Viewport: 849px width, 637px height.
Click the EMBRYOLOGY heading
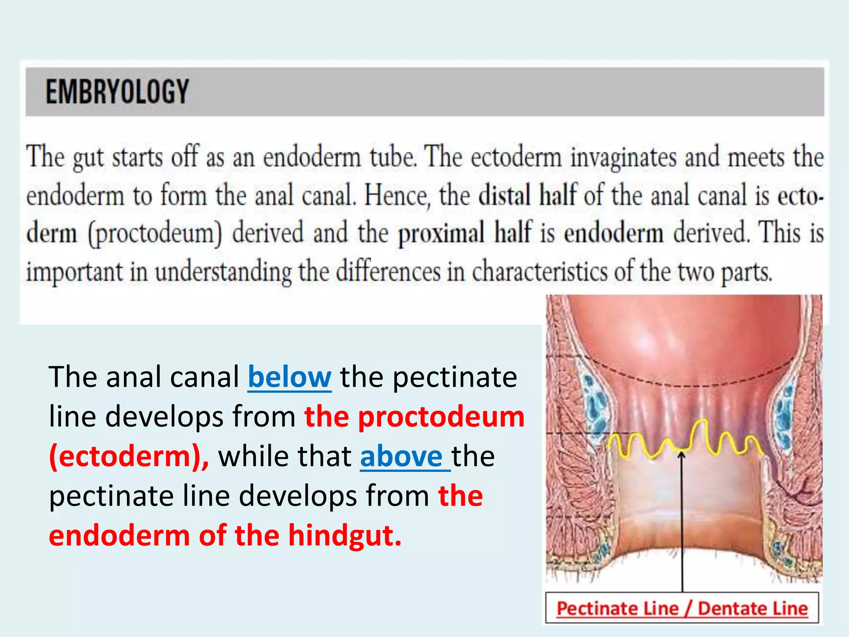tap(117, 92)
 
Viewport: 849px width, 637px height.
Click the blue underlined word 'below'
tap(289, 377)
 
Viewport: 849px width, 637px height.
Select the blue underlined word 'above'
tap(401, 456)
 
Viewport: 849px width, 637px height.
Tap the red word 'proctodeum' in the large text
tap(441, 417)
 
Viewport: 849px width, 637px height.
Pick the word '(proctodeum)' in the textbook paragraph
tap(155, 233)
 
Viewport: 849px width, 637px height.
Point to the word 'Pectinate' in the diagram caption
tap(617, 609)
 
